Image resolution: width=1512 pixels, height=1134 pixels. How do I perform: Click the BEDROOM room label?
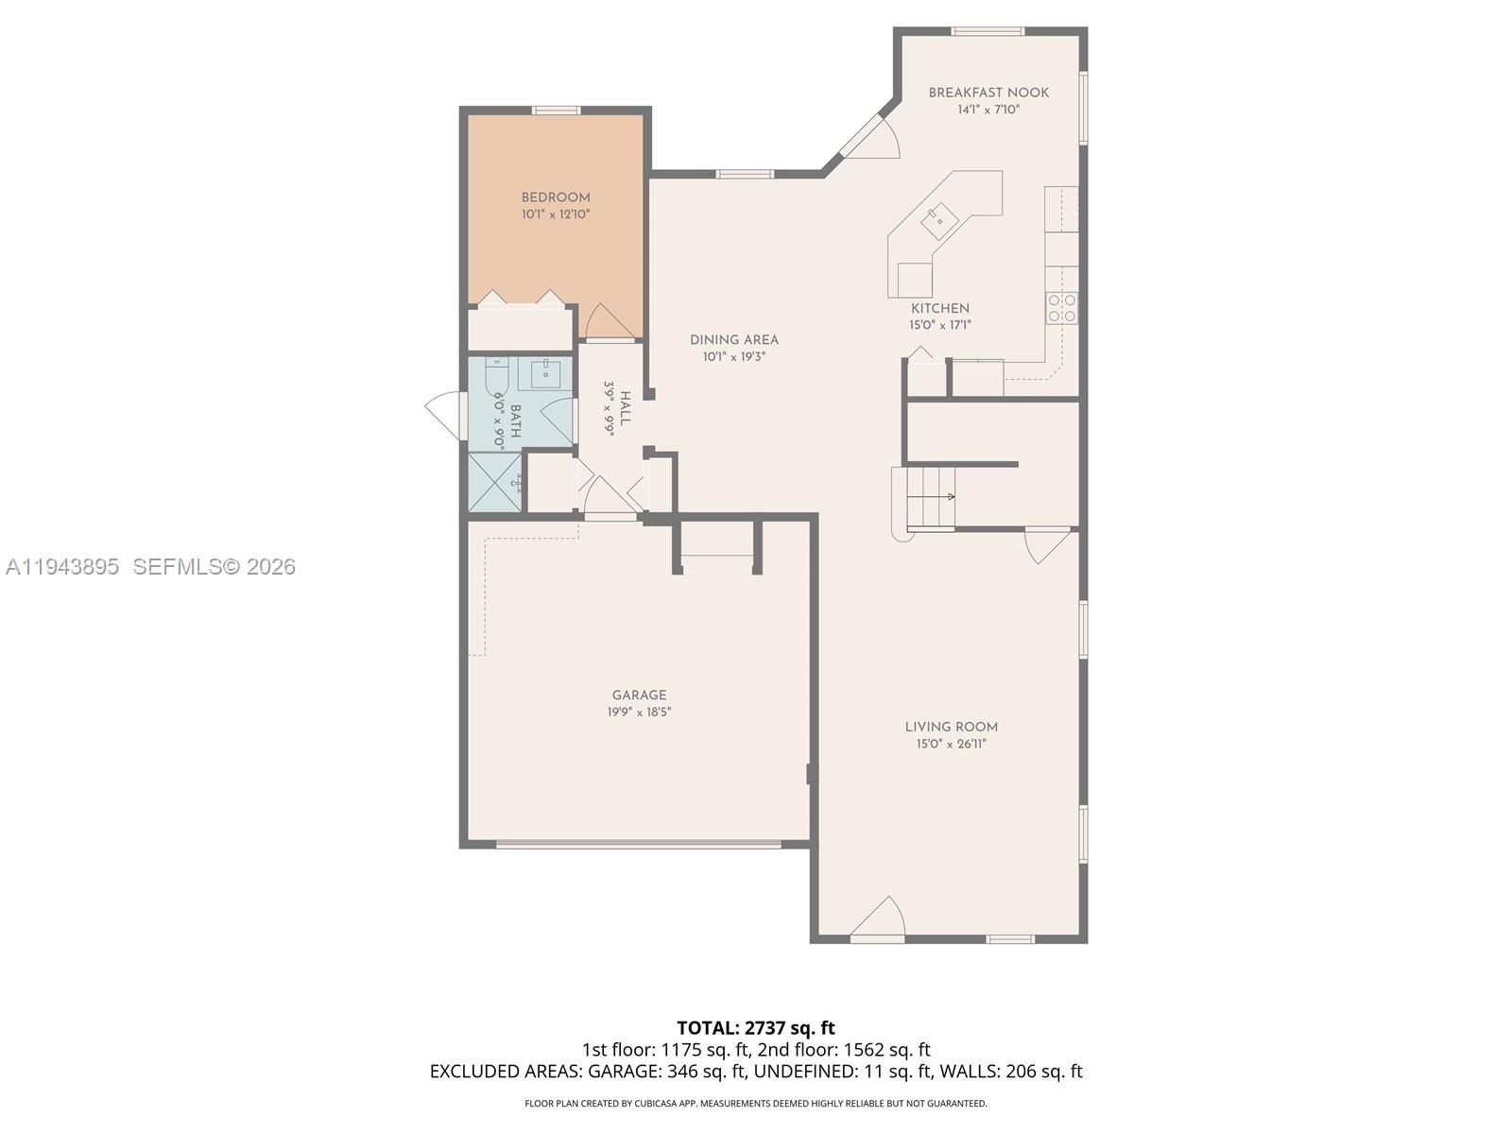[x=556, y=198]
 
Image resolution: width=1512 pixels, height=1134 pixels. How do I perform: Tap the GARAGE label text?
[x=639, y=695]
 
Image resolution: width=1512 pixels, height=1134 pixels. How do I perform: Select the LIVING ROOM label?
[x=951, y=727]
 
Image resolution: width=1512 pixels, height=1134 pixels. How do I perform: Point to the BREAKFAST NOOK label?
[x=988, y=93]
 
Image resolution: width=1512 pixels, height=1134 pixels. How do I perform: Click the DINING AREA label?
[x=733, y=340]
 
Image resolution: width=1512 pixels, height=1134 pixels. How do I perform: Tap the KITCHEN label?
[x=939, y=308]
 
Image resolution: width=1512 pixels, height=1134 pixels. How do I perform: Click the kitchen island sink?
[x=939, y=221]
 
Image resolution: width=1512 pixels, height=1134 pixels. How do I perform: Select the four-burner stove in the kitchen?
[x=1061, y=308]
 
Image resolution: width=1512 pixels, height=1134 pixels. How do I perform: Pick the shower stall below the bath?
[x=494, y=483]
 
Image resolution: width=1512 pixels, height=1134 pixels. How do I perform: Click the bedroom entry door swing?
[x=607, y=322]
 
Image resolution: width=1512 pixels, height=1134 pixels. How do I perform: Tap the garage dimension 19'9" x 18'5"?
[x=639, y=713]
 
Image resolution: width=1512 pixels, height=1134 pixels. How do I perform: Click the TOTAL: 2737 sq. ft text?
[x=755, y=1027]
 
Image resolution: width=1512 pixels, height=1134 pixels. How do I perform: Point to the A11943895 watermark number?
[x=62, y=566]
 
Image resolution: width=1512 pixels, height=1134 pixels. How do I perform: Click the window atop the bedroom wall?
[x=555, y=111]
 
